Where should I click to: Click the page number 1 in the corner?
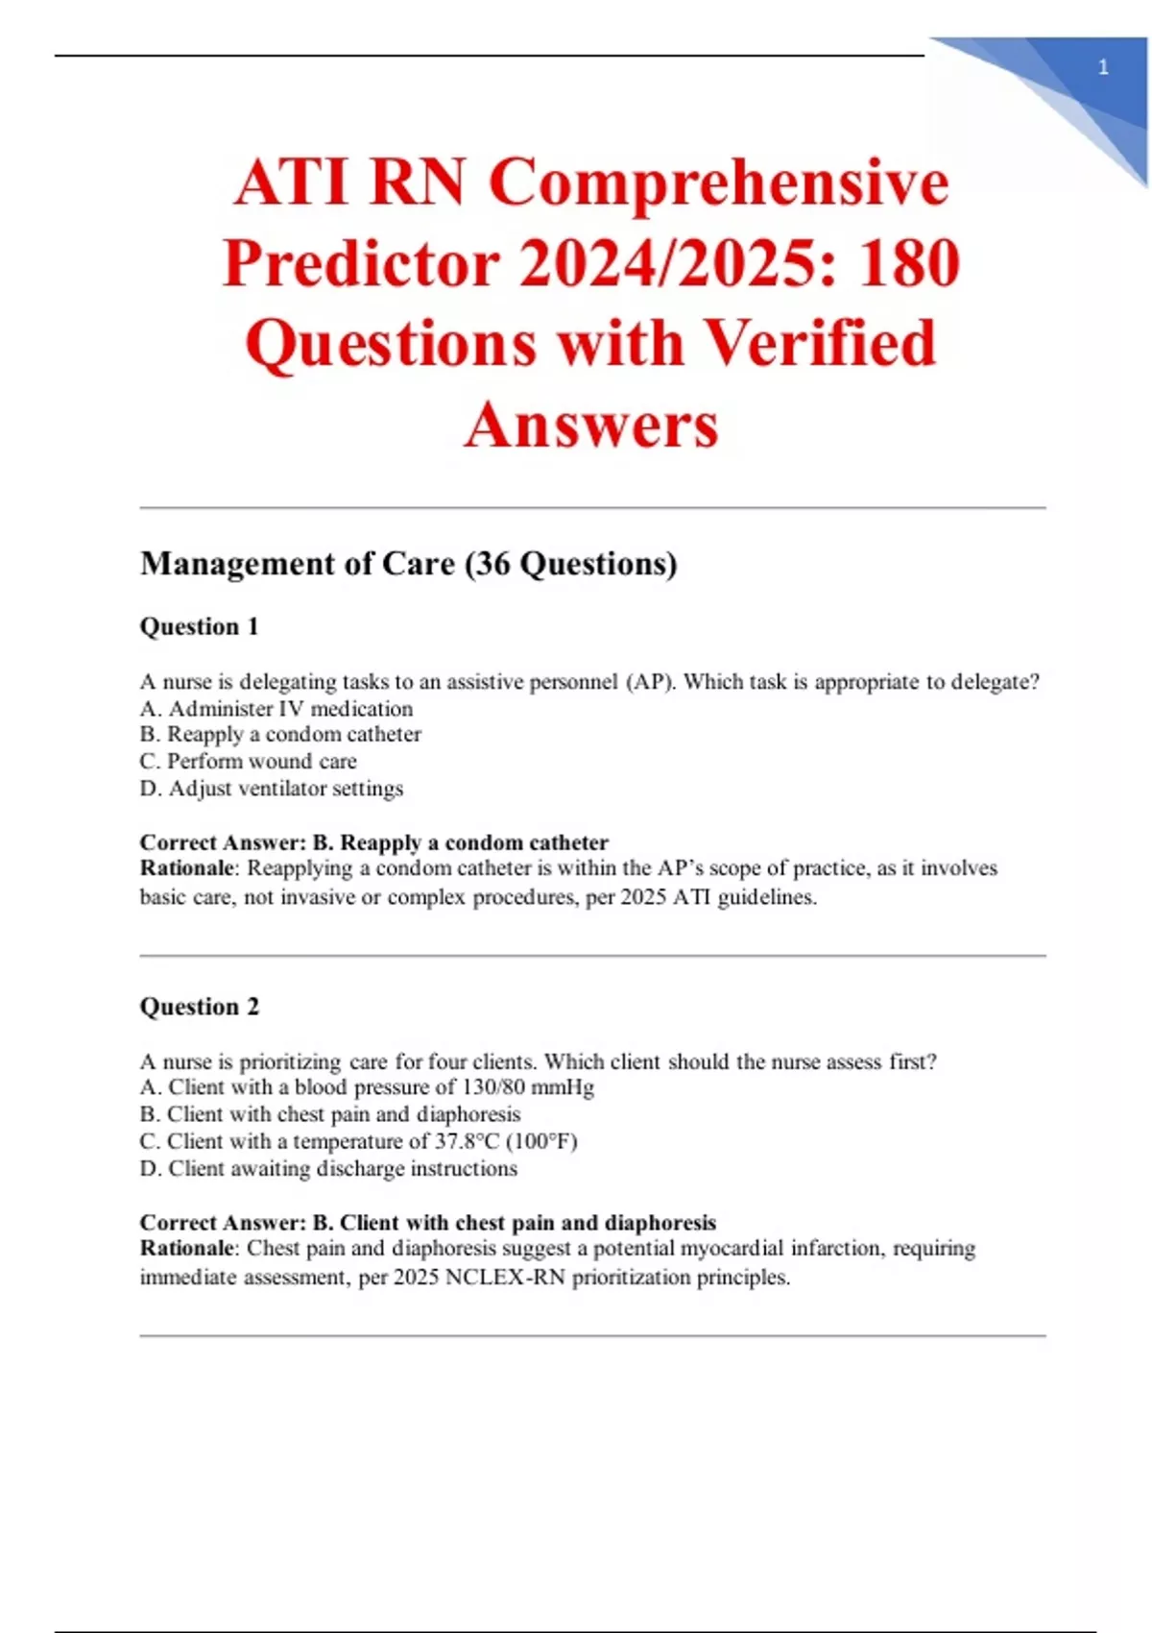(x=1103, y=67)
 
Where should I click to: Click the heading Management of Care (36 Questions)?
(x=408, y=564)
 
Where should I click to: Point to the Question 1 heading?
(x=199, y=626)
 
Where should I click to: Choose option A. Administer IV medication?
(x=276, y=709)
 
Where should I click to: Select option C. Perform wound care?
(x=248, y=762)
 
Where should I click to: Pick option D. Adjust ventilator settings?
(x=272, y=789)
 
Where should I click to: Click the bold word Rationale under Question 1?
(x=186, y=868)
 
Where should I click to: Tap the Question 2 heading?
(x=199, y=1007)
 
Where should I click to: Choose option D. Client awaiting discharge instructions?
(x=328, y=1169)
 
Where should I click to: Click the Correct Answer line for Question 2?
(x=427, y=1223)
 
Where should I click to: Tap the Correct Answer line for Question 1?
(x=373, y=842)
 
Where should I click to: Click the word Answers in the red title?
(x=591, y=425)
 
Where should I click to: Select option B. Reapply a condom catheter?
(x=280, y=735)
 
